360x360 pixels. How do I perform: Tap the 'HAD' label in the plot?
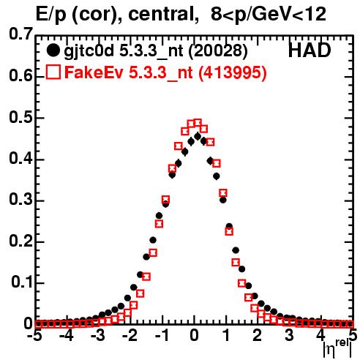310,50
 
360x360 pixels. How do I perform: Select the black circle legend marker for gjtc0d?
53,50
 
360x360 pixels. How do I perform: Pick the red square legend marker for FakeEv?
53,72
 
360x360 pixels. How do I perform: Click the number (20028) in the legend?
218,51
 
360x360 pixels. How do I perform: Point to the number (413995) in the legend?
233,72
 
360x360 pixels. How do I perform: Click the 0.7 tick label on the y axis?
20,34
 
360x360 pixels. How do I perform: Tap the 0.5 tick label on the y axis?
20,117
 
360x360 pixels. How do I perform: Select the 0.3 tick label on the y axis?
20,199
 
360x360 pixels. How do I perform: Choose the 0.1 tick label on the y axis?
22,282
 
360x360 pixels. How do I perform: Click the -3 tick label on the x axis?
97,336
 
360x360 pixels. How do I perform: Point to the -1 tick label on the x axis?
162,336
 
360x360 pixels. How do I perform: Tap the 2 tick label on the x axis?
258,336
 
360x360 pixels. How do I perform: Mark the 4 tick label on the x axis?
321,336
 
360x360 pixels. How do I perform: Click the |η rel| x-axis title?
337,348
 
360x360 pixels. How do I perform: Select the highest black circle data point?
198,136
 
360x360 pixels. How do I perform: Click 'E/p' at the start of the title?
51,15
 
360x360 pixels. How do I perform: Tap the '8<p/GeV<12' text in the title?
269,14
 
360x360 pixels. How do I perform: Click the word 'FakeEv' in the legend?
94,72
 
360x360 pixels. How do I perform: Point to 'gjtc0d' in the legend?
89,52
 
